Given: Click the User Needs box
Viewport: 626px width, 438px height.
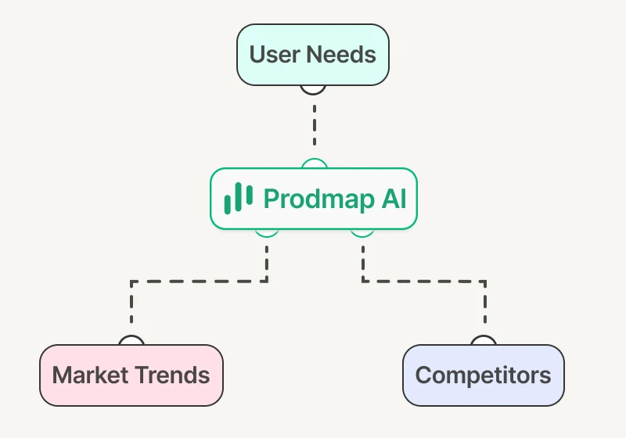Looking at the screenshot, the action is [312, 55].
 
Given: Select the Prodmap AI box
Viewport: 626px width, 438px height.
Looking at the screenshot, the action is [314, 199].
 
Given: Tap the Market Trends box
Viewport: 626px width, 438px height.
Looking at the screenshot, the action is [131, 375].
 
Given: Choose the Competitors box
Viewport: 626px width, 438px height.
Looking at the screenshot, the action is [484, 375].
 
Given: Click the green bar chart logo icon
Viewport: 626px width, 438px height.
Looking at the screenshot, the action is [239, 198].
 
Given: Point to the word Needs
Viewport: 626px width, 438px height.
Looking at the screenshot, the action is [341, 54].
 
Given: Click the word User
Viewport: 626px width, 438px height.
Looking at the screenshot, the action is [275, 54].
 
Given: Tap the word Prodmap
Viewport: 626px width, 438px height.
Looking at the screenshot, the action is [319, 199].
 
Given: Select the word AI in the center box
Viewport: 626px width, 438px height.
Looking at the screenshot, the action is [394, 198].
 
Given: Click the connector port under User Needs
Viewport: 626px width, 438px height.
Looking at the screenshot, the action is [313, 90].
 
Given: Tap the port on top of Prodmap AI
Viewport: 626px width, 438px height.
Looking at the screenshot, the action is [315, 163].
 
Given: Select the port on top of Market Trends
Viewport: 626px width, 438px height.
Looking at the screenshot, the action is [131, 340].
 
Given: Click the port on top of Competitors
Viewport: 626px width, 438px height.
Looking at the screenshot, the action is [484, 340].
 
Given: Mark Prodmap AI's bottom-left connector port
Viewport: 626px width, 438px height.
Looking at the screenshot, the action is [267, 233].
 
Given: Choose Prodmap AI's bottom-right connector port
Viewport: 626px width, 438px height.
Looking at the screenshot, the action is [362, 233].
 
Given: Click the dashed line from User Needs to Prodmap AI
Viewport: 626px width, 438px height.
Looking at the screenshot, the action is [315, 125].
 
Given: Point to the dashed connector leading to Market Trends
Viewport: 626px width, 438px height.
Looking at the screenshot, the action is [200, 282].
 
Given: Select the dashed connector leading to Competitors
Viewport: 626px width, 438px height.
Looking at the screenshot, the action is [423, 282].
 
